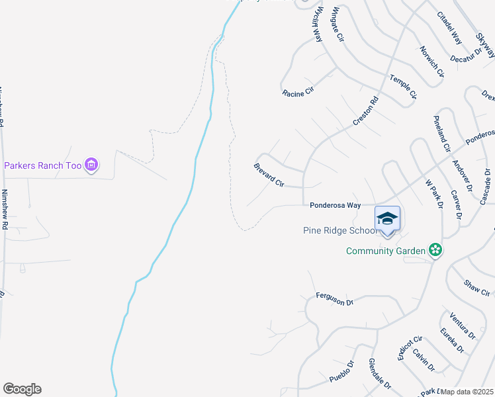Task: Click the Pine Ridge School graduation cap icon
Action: [x=387, y=218]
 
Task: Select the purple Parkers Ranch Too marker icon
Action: [x=92, y=165]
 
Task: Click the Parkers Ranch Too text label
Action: [x=43, y=165]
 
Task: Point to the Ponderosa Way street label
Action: [x=336, y=206]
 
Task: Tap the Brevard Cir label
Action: [x=269, y=175]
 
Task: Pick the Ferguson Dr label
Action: [x=335, y=298]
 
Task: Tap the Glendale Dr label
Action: [x=379, y=375]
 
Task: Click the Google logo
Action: [x=22, y=389]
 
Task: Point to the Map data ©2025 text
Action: [x=467, y=392]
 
